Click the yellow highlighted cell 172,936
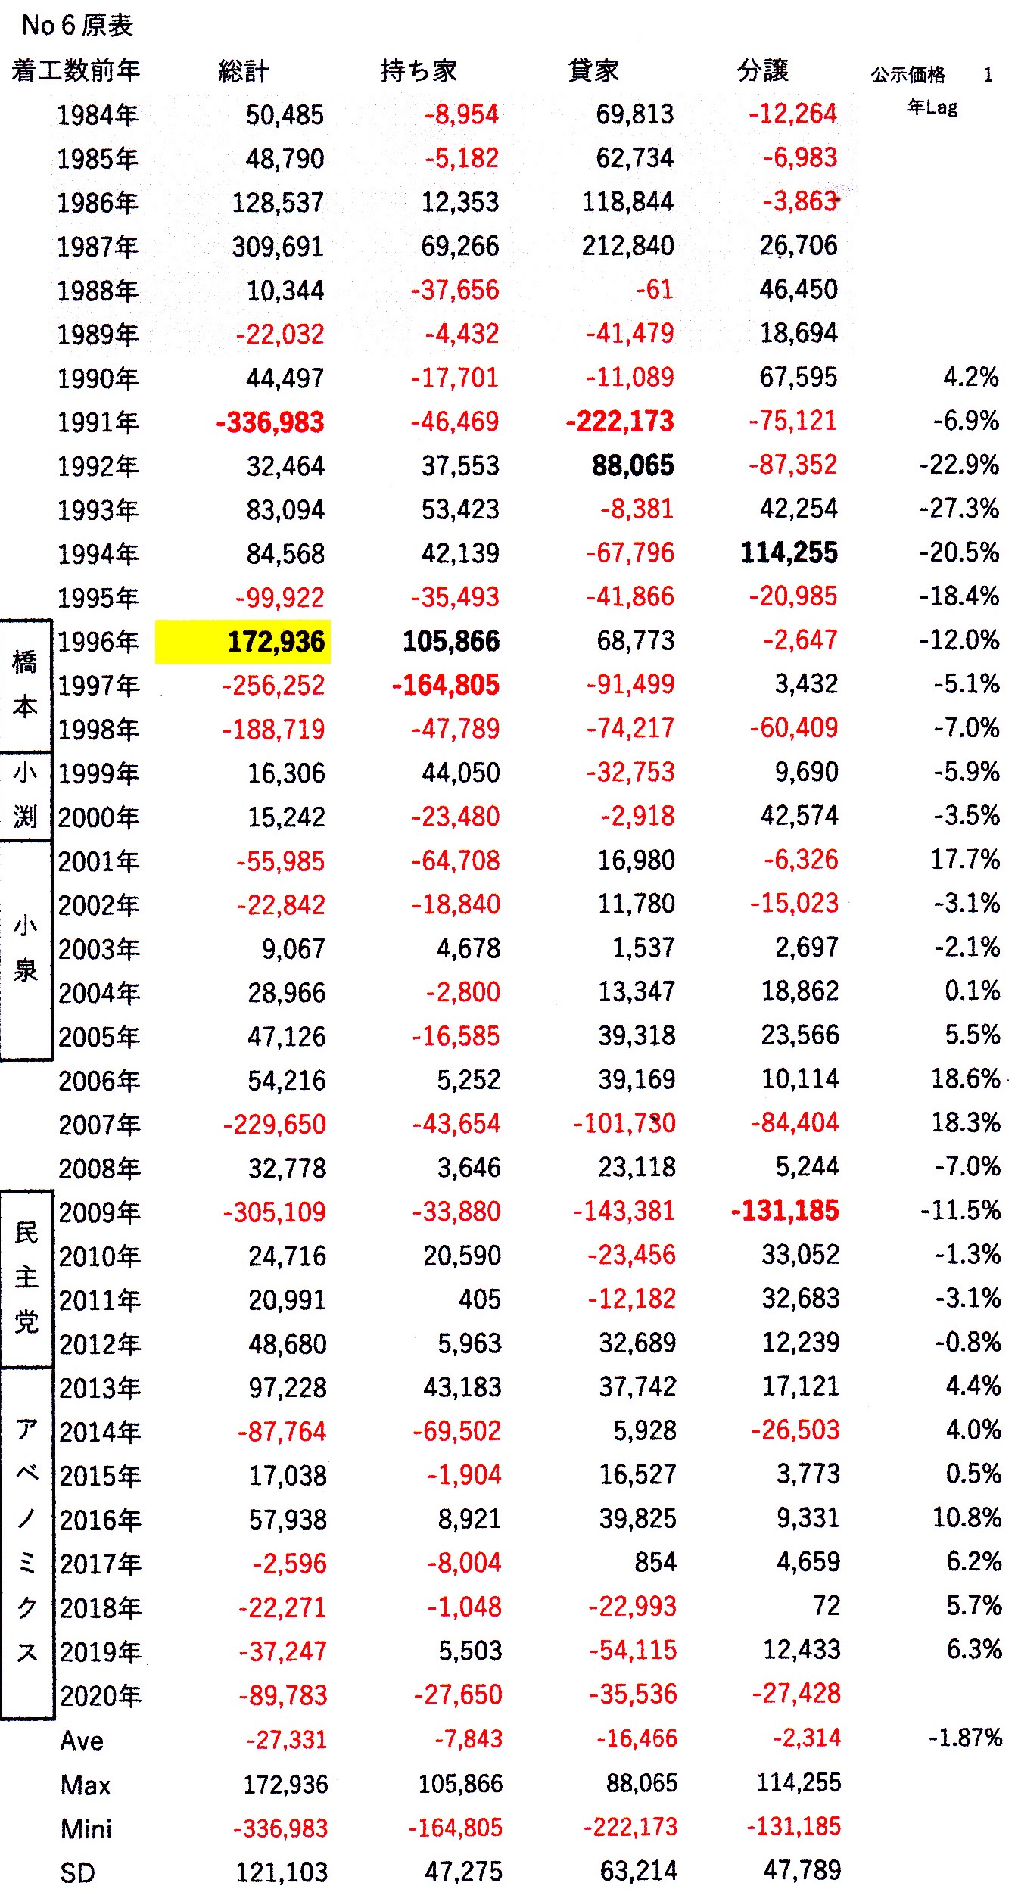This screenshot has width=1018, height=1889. [x=242, y=642]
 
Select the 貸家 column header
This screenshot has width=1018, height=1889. [x=593, y=70]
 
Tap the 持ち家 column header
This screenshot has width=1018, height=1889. [x=419, y=70]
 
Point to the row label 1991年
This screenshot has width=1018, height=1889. [x=98, y=422]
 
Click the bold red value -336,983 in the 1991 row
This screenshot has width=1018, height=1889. [x=270, y=422]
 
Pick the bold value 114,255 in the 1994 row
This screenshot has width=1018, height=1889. [x=789, y=552]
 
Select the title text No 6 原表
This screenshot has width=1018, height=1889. [x=77, y=25]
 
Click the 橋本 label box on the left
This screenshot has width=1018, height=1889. [x=26, y=685]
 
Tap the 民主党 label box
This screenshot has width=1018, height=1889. [x=26, y=1277]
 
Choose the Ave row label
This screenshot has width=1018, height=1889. [x=82, y=1740]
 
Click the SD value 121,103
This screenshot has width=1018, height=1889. [x=282, y=1872]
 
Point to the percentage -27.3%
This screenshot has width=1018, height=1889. [x=959, y=509]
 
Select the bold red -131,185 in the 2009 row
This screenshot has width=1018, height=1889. [x=785, y=1211]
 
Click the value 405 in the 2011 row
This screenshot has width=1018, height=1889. [x=480, y=1299]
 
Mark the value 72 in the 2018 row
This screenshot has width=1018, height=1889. [x=827, y=1605]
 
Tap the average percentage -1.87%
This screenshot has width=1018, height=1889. [x=965, y=1737]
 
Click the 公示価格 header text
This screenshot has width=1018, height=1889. [x=907, y=74]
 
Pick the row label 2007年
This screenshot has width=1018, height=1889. [x=99, y=1125]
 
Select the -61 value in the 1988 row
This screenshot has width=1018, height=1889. [x=655, y=290]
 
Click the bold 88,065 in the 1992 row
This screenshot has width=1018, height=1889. [x=633, y=466]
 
